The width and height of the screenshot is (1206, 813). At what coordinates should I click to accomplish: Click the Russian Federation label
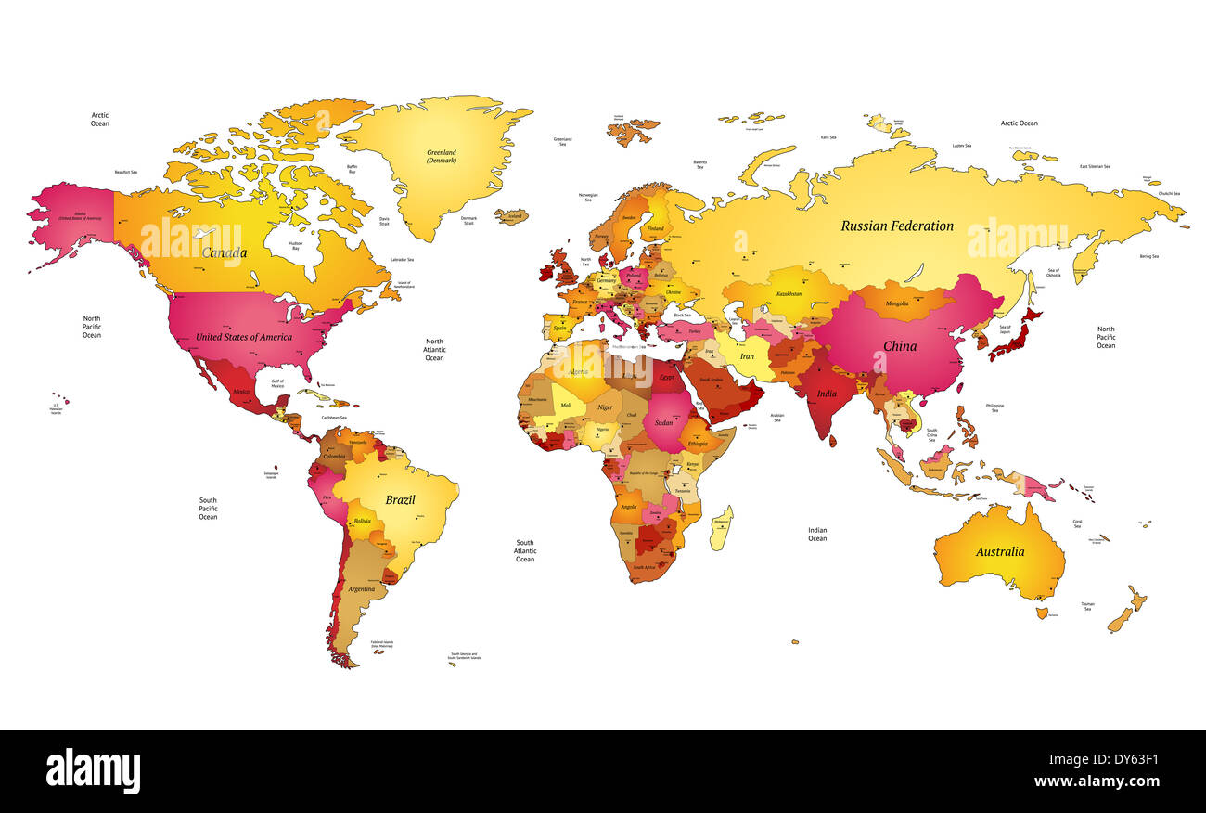[x=896, y=226]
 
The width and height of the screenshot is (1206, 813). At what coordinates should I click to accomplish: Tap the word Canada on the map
[x=225, y=253]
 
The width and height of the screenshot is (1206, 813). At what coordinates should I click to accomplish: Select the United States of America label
[x=244, y=337]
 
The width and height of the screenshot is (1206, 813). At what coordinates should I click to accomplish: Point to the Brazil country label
[x=400, y=500]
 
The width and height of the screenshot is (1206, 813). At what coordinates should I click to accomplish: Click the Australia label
[x=999, y=552]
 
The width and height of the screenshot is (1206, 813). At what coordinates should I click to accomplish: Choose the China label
[x=899, y=346]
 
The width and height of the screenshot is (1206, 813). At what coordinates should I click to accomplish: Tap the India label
[x=826, y=394]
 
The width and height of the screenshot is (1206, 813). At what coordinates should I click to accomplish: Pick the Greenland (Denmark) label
[x=442, y=156]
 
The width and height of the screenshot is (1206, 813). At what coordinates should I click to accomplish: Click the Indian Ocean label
[x=816, y=535]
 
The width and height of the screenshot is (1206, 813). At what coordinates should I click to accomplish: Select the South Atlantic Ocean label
[x=525, y=551]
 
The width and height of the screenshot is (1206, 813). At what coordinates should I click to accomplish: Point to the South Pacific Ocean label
[x=208, y=509]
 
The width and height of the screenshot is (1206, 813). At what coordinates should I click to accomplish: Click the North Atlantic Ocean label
[x=434, y=350]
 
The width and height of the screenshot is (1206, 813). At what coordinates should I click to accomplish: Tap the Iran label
[x=746, y=356]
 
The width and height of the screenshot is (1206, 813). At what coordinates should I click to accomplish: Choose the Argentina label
[x=361, y=589]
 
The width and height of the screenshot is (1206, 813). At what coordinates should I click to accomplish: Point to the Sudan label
[x=663, y=423]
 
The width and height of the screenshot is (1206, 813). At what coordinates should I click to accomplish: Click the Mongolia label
[x=897, y=303]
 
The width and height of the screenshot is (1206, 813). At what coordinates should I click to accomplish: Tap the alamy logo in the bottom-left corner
[x=93, y=771]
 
